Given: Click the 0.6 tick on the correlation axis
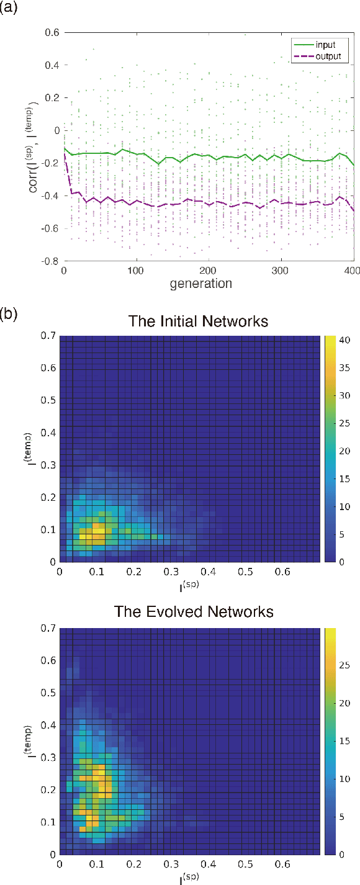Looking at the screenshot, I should (x=51, y=33).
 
